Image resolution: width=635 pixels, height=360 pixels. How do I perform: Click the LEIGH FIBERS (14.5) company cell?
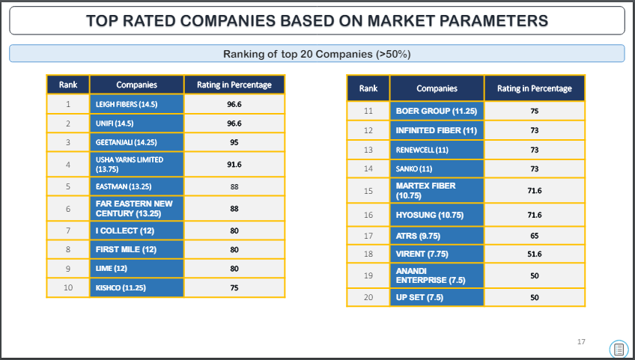tap(137, 104)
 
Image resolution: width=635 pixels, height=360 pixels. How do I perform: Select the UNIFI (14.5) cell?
tap(137, 123)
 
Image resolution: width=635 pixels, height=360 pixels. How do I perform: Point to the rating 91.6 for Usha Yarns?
tap(234, 165)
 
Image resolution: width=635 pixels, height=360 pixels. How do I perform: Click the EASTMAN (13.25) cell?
tap(137, 186)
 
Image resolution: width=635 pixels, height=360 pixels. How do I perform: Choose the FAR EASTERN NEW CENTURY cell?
tap(137, 209)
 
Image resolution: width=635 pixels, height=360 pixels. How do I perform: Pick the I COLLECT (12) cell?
tap(137, 231)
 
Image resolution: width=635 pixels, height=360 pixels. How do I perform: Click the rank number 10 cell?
tap(68, 287)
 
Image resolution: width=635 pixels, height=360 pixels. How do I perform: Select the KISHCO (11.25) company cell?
tap(137, 287)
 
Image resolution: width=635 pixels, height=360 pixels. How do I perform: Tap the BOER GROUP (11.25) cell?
tap(437, 111)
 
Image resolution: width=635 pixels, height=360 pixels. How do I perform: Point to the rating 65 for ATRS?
tap(535, 236)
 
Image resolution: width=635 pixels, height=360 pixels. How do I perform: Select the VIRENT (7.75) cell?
tap(437, 254)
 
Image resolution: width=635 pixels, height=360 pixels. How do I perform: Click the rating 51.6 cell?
tap(535, 254)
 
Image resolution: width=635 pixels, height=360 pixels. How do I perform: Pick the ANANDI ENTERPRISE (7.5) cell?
tap(437, 275)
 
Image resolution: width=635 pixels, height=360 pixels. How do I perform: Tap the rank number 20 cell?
tap(368, 297)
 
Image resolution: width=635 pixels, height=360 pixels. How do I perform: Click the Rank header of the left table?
tap(68, 85)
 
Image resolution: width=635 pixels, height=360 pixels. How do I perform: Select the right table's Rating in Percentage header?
tap(535, 88)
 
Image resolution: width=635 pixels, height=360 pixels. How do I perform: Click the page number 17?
tap(581, 342)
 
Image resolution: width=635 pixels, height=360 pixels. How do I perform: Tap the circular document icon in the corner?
tap(619, 349)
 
